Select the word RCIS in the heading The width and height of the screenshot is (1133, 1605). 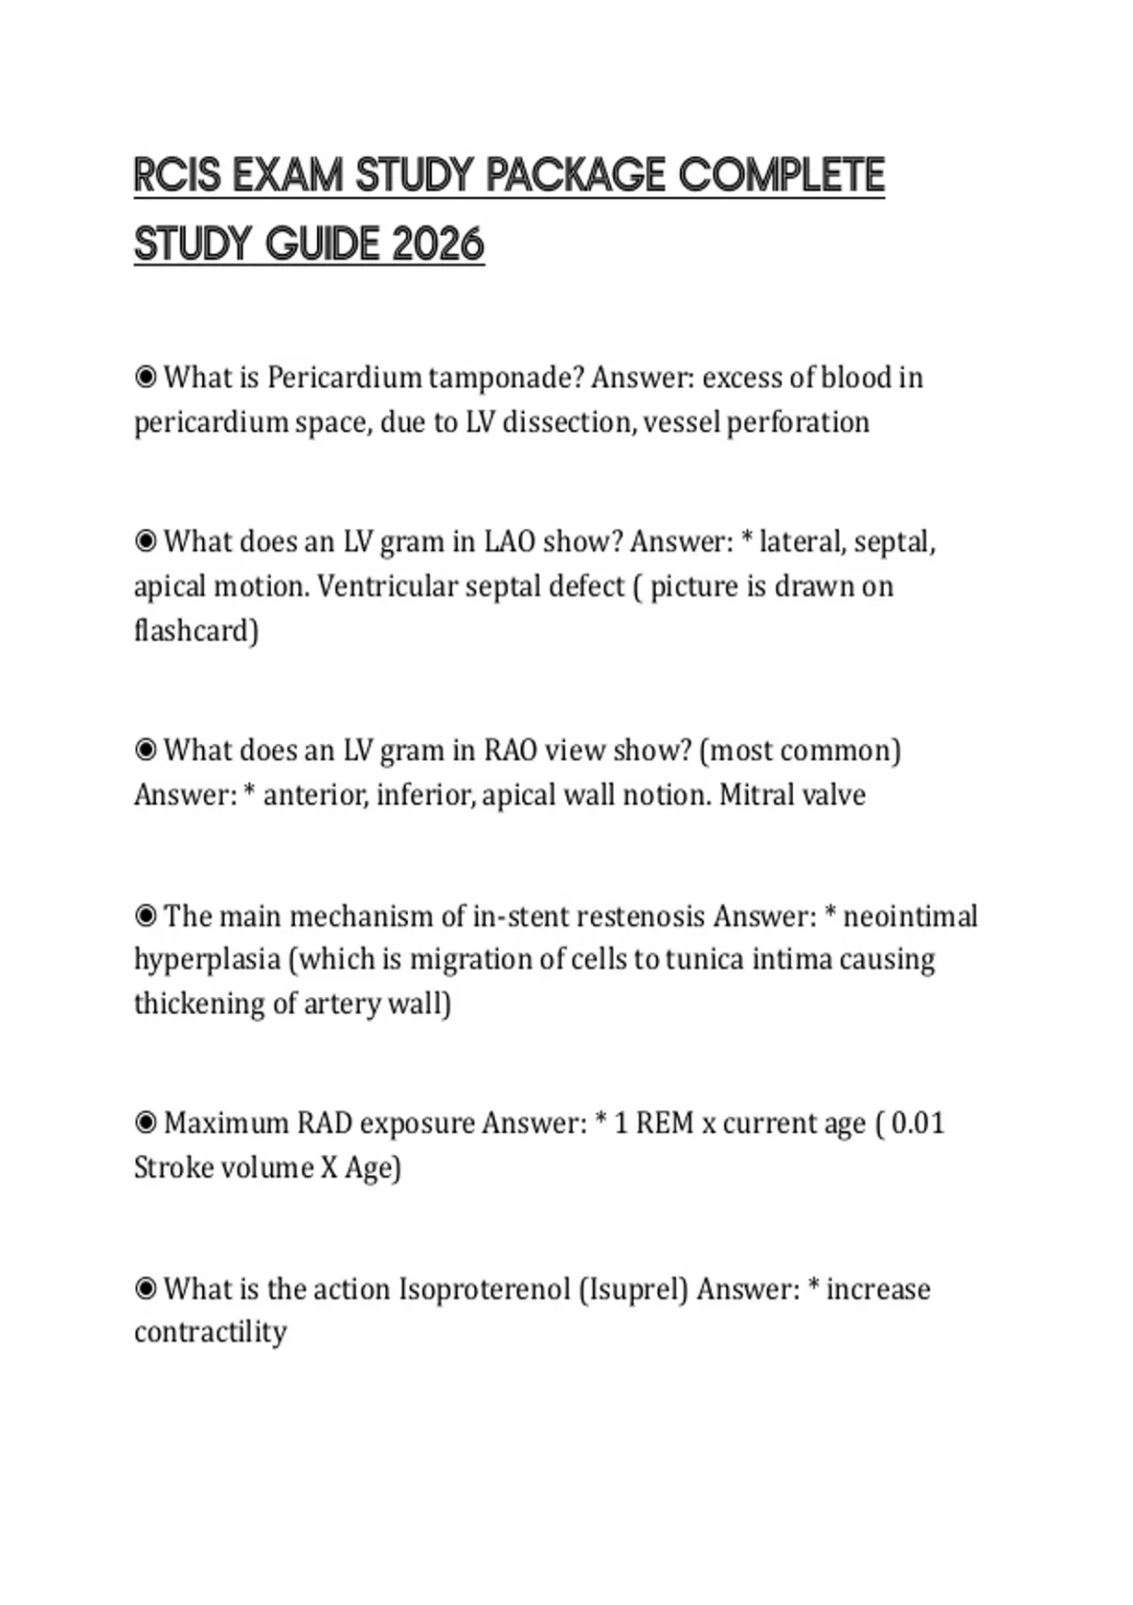[x=178, y=176]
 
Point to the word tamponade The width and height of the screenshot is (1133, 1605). [x=505, y=378]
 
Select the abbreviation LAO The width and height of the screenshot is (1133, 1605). [x=510, y=542]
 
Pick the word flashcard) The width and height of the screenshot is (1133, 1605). [x=196, y=630]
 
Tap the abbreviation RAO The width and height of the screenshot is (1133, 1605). [x=510, y=751]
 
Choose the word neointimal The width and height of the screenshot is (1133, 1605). [x=910, y=916]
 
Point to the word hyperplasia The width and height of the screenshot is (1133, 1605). [x=207, y=960]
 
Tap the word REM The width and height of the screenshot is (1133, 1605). [x=665, y=1123]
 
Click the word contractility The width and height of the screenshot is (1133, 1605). [x=211, y=1332]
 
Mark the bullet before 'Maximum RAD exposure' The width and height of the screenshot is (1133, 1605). [x=145, y=1123]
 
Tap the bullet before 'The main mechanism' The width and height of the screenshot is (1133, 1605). [x=145, y=915]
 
